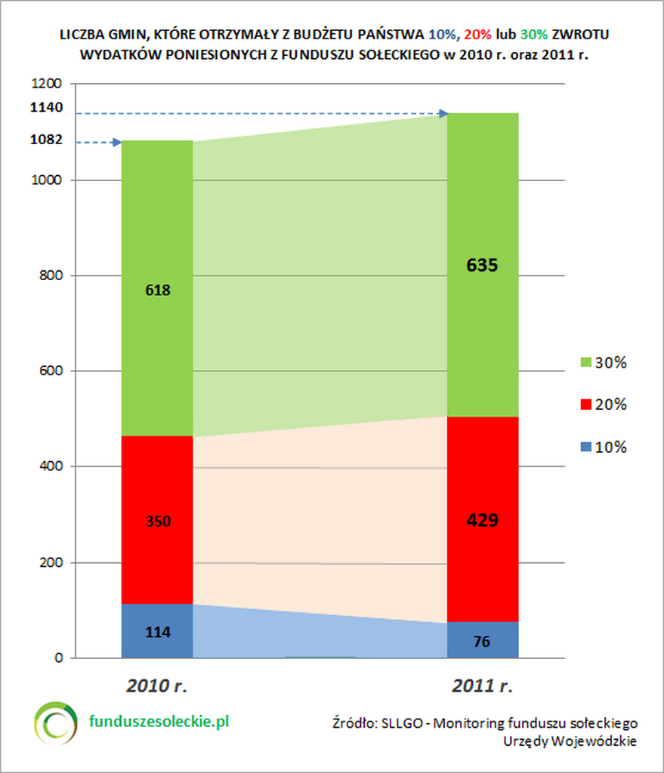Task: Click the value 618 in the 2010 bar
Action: [x=157, y=289]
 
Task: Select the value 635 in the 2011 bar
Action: [x=482, y=266]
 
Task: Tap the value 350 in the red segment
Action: [x=157, y=521]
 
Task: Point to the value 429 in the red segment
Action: [x=482, y=520]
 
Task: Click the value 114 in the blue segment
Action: [x=157, y=632]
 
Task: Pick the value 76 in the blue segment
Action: [x=482, y=642]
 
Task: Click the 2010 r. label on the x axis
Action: [x=156, y=686]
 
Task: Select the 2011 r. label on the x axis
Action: [x=483, y=686]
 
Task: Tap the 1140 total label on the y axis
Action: [x=47, y=107]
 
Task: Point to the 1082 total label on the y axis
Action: [x=47, y=140]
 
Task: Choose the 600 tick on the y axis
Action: [x=51, y=371]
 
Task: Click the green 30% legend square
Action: [x=585, y=362]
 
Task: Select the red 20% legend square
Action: [x=585, y=405]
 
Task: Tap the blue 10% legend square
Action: [x=585, y=447]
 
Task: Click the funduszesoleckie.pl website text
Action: [x=159, y=721]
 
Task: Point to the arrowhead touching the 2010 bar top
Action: [x=116, y=142]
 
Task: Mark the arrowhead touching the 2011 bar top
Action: [x=443, y=113]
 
